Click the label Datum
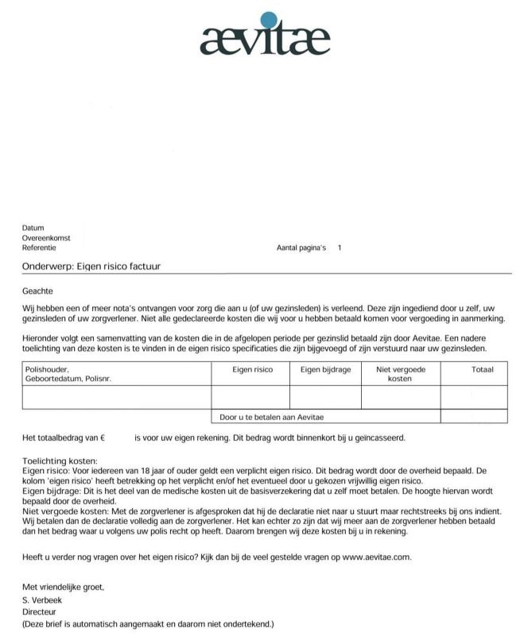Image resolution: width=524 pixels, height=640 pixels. click(x=33, y=228)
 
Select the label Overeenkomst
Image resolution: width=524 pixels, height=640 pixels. click(x=46, y=237)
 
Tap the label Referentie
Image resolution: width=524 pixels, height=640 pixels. click(x=39, y=247)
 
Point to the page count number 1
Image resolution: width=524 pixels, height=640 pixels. click(x=340, y=248)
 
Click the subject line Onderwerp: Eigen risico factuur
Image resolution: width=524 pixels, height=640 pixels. click(x=91, y=266)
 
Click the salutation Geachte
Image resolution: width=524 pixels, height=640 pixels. click(x=37, y=291)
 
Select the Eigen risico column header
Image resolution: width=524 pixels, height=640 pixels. click(x=252, y=370)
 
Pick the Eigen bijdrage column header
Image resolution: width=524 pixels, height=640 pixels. click(x=325, y=370)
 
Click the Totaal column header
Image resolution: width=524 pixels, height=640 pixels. click(x=482, y=370)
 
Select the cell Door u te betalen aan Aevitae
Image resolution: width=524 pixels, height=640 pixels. click(x=272, y=416)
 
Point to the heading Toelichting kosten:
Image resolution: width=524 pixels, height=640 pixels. click(x=60, y=461)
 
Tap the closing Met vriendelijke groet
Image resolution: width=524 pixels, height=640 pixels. click(x=63, y=587)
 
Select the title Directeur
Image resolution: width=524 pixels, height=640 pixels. click(x=39, y=612)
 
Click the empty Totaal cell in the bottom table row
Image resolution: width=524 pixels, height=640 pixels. click(x=473, y=416)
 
